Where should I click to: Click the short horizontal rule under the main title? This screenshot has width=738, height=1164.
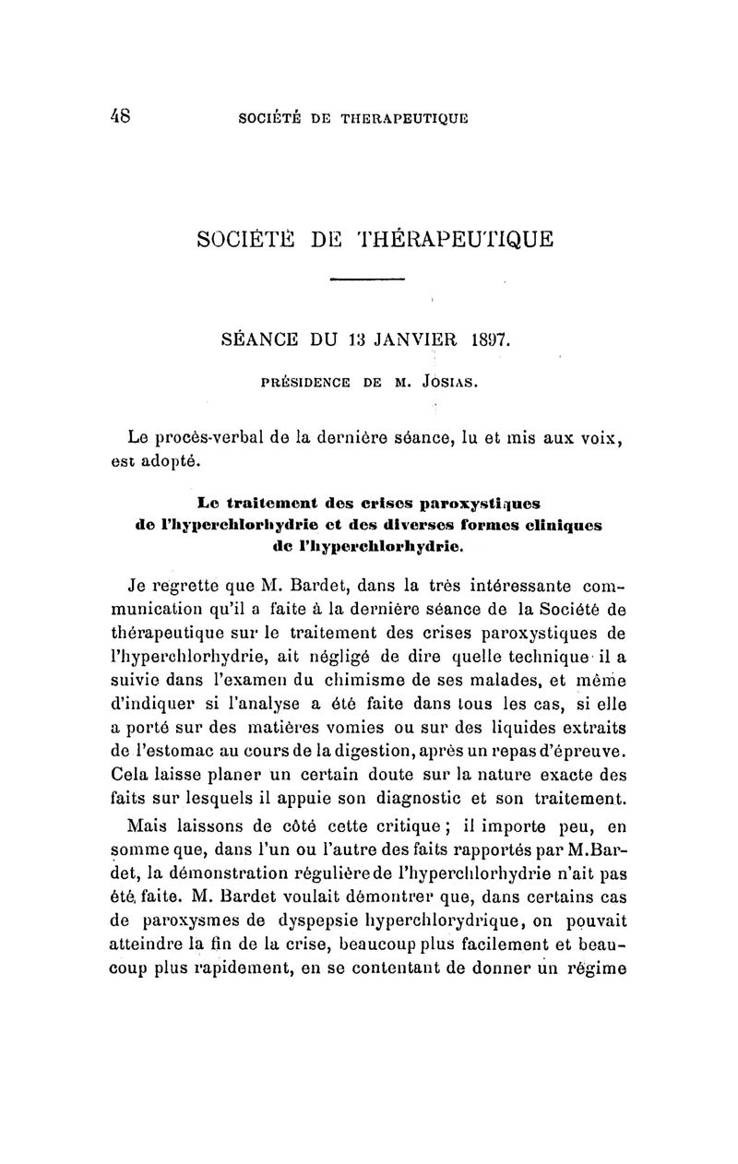367,279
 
